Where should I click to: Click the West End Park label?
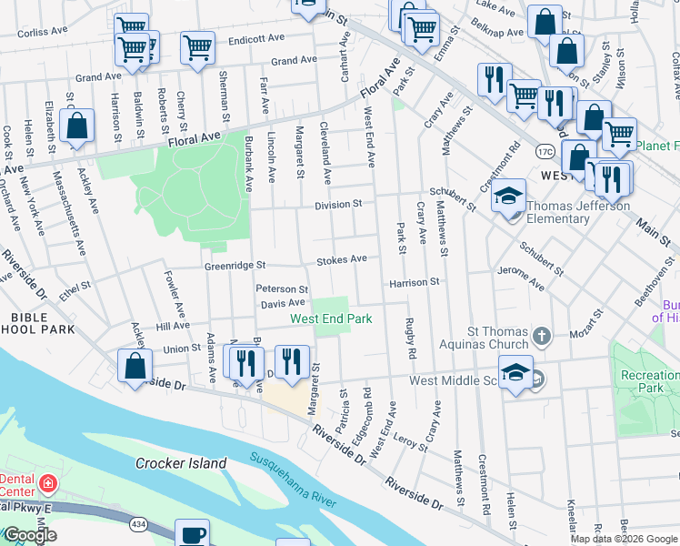tap(331, 319)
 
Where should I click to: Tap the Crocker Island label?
tap(181, 463)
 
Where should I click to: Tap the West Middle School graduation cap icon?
tap(515, 374)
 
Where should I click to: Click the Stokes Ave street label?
tap(342, 260)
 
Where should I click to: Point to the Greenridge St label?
tap(234, 266)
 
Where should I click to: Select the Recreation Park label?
tap(648, 381)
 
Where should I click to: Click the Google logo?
tap(29, 536)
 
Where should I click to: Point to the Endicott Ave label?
tap(257, 40)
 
